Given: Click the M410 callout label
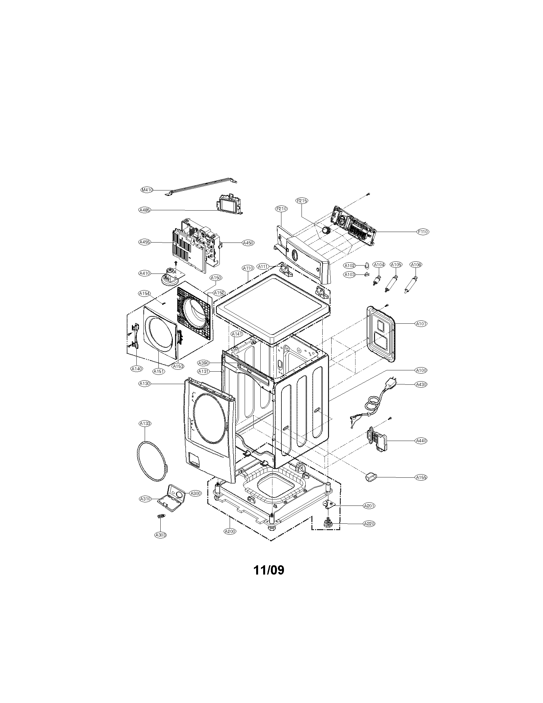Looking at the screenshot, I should click(147, 190).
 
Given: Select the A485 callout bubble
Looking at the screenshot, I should click(145, 210).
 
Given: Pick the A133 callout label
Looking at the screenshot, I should click(145, 424).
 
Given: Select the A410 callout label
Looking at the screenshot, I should click(145, 273).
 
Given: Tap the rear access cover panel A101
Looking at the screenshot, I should click(381, 334).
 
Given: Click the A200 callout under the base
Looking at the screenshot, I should click(230, 531).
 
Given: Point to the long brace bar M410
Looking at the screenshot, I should click(203, 186).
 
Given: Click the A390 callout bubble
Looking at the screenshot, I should click(204, 363).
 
